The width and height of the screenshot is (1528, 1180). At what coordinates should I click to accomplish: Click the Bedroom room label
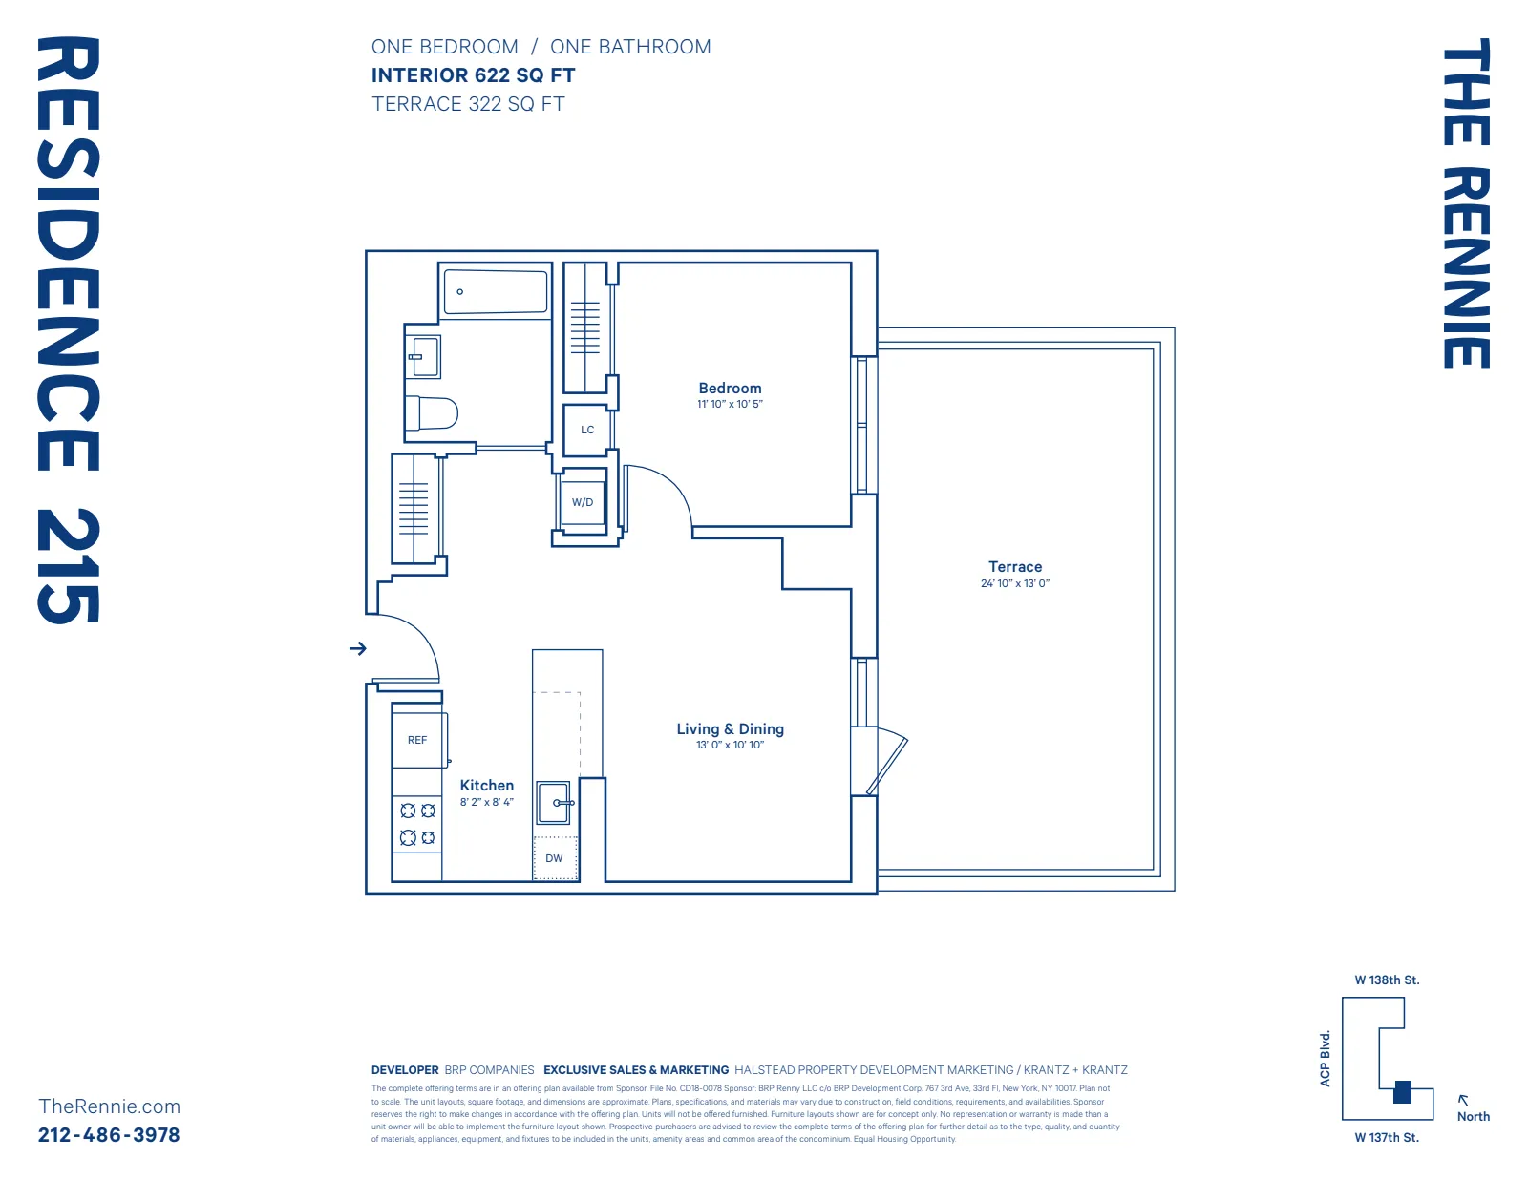[x=730, y=388]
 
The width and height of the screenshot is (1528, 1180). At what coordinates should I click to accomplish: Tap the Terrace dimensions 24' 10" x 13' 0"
[x=1014, y=583]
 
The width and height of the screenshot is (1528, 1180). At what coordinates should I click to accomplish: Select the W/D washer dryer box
[x=583, y=502]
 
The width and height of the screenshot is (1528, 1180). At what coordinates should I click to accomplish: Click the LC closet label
[x=587, y=430]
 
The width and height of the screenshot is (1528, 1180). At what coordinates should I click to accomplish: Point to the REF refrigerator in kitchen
[x=417, y=740]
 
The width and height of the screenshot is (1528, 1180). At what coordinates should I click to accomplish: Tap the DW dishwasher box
[x=554, y=858]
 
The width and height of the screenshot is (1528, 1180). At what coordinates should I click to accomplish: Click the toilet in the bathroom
[x=431, y=413]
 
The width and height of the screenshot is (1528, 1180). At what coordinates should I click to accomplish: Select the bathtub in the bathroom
[x=496, y=291]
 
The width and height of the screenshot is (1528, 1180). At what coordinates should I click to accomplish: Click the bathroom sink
[x=423, y=357]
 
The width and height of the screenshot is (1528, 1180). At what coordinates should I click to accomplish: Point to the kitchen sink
[x=554, y=802]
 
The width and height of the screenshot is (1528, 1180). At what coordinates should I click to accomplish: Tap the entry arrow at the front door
[x=358, y=648]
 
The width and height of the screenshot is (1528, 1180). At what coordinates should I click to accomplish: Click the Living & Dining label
[x=730, y=728]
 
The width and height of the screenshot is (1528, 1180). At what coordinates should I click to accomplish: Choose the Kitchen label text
[x=486, y=785]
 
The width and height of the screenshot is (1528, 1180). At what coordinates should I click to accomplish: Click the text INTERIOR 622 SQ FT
[x=473, y=75]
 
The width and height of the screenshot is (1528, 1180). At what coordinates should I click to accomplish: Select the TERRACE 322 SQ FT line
[x=468, y=104]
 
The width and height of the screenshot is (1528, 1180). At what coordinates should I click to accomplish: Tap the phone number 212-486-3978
[x=109, y=1134]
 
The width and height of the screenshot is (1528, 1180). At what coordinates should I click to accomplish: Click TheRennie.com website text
[x=109, y=1106]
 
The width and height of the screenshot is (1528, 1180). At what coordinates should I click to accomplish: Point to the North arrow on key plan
[x=1463, y=1100]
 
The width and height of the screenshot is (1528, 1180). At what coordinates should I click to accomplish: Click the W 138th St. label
[x=1387, y=980]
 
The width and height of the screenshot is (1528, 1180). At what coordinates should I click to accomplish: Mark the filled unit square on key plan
[x=1402, y=1092]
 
